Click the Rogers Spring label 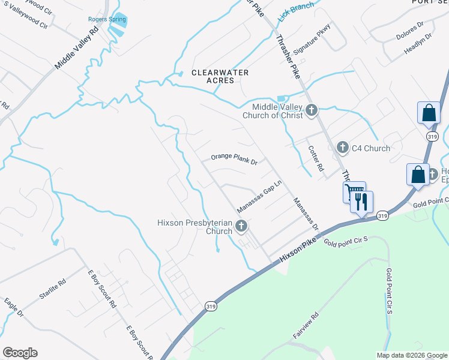pyautogui.click(x=107, y=19)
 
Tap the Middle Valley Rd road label pyautogui.click(x=76, y=48)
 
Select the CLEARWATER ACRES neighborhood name pyautogui.click(x=220, y=77)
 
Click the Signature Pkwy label pyautogui.click(x=312, y=43)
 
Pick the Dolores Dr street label pyautogui.click(x=410, y=31)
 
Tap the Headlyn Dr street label pyautogui.click(x=418, y=44)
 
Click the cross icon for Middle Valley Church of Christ pyautogui.click(x=311, y=110)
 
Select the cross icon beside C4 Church pyautogui.click(x=342, y=147)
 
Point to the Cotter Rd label pyautogui.click(x=316, y=159)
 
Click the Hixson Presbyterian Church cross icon pyautogui.click(x=241, y=226)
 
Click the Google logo pyautogui.click(x=20, y=353)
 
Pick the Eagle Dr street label pyautogui.click(x=14, y=306)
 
